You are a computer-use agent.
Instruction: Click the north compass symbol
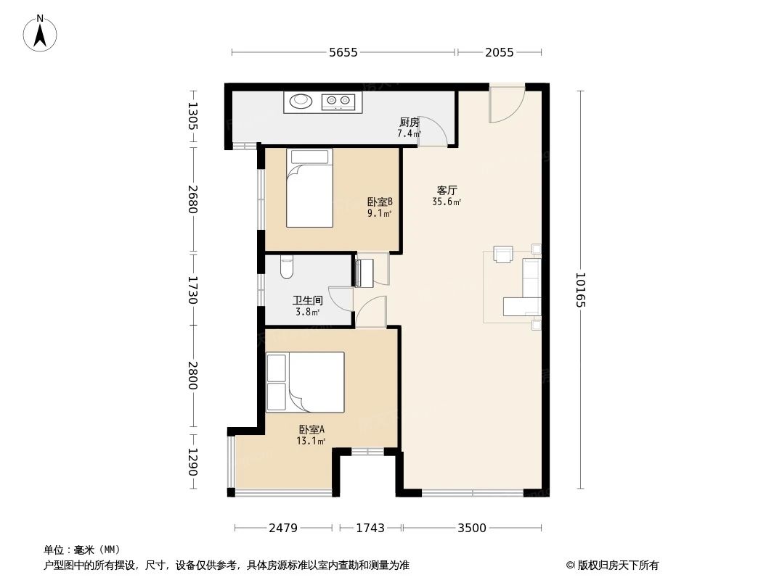(41, 33)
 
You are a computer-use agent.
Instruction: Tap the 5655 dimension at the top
(343, 52)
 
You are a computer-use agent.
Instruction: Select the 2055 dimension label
(499, 52)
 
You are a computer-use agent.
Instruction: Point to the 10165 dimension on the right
(580, 290)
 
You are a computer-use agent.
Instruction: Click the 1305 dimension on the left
(192, 116)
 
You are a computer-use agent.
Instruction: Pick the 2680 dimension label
(192, 199)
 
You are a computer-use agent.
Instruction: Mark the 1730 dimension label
(192, 289)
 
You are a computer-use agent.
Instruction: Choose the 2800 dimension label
(192, 376)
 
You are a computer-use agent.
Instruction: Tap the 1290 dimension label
(192, 462)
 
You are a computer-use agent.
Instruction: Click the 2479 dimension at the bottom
(283, 528)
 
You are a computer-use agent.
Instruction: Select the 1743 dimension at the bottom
(370, 528)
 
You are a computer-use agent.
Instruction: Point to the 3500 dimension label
(471, 528)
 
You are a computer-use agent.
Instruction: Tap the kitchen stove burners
(338, 101)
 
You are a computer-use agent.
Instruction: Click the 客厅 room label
(447, 189)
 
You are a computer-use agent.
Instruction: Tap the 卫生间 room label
(307, 300)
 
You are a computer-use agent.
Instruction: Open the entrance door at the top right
(506, 104)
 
